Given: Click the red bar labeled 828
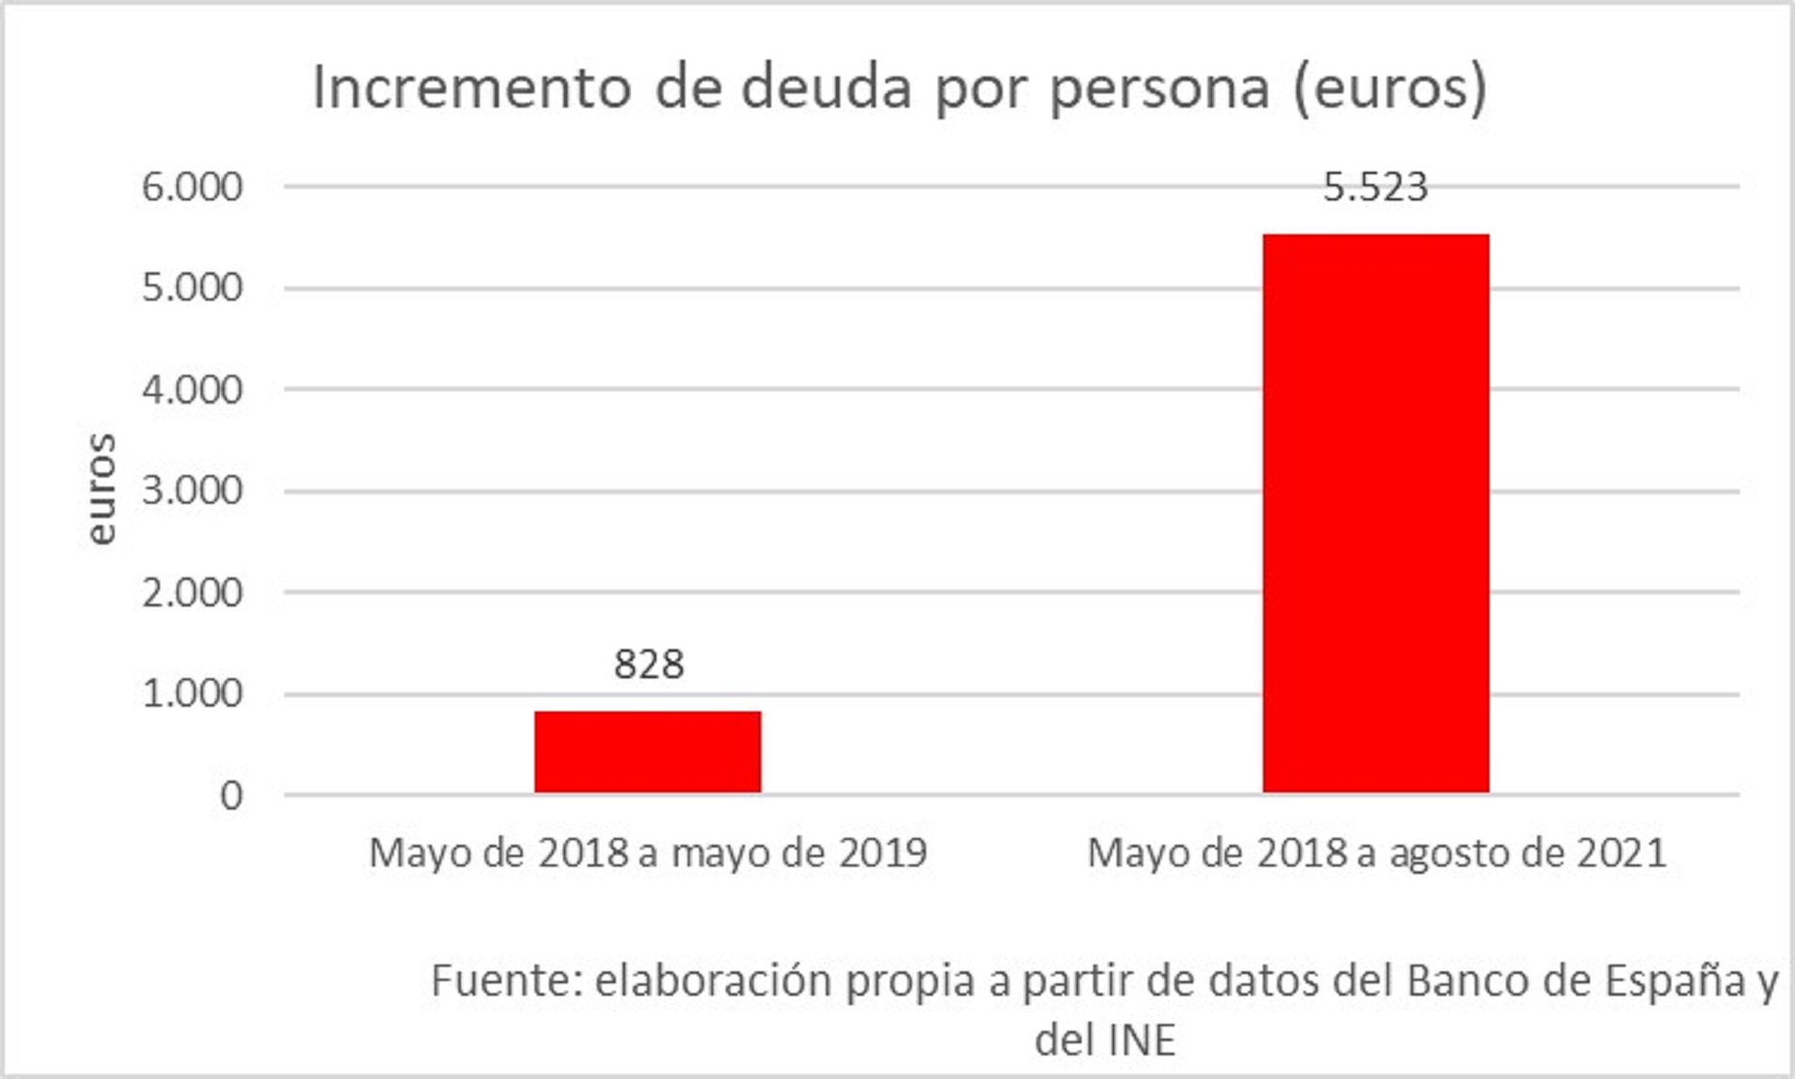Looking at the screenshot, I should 647,752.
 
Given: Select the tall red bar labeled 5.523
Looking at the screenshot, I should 1376,513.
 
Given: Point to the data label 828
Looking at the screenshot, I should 648,664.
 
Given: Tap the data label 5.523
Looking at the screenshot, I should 1375,187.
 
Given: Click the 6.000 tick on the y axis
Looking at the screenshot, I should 192,187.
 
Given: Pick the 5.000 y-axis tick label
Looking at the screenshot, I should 192,287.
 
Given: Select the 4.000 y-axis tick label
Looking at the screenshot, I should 192,389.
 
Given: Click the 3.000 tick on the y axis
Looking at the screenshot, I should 192,490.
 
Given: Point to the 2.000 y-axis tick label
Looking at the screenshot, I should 192,592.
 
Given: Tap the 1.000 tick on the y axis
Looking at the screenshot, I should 192,694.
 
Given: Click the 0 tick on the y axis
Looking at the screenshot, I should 231,796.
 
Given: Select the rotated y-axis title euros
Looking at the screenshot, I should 99,489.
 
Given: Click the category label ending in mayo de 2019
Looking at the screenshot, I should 648,852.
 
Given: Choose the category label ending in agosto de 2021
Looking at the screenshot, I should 1376,852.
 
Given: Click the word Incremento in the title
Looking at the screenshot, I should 471,88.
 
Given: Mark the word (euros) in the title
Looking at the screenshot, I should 1390,88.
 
